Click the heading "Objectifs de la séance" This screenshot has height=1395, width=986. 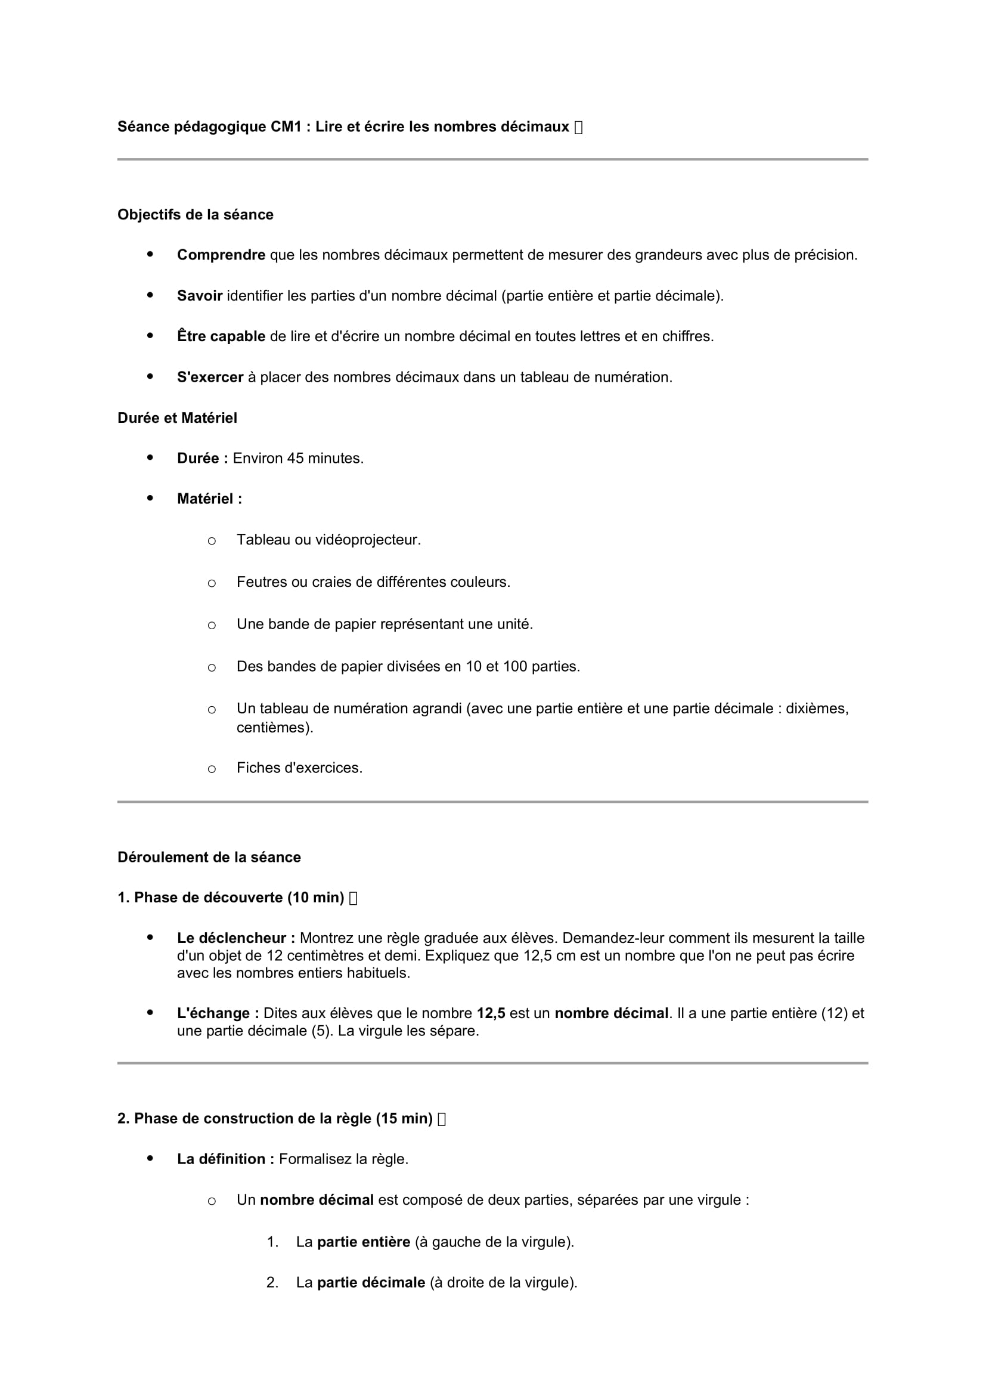point(195,215)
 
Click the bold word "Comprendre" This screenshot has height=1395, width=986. point(221,255)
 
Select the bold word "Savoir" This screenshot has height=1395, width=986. point(199,296)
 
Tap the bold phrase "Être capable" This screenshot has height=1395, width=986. point(221,336)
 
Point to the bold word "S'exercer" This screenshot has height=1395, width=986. point(209,378)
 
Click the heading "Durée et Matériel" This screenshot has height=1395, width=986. point(176,418)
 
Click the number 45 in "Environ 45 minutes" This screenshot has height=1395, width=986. point(295,458)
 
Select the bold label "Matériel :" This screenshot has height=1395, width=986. point(209,499)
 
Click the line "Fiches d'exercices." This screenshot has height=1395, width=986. point(299,768)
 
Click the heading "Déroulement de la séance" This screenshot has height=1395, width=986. point(209,857)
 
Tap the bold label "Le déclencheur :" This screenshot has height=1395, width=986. point(235,938)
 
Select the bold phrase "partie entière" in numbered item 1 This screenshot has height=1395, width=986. point(363,1242)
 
